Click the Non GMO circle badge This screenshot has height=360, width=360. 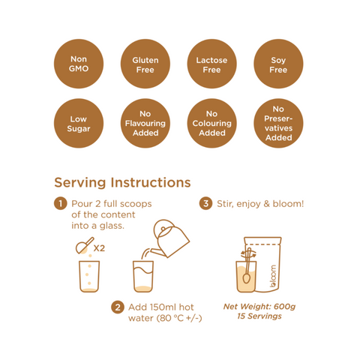[x=79, y=64]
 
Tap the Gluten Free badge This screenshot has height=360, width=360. [x=145, y=64]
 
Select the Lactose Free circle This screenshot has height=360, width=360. [x=211, y=64]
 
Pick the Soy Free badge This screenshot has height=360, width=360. [x=278, y=64]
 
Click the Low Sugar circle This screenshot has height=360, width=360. [x=79, y=123]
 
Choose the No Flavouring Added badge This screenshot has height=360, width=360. [x=145, y=123]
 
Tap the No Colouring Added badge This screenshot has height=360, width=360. [x=211, y=123]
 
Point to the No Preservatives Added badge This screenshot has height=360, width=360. [x=278, y=123]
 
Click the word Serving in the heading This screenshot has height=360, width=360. [x=80, y=183]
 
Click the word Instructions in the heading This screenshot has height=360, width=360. [x=151, y=182]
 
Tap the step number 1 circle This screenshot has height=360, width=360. [x=61, y=203]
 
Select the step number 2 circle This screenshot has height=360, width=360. [x=118, y=307]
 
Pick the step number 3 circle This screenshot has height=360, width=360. [x=205, y=203]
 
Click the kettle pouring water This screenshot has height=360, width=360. [x=170, y=238]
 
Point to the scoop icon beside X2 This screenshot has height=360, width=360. [x=85, y=246]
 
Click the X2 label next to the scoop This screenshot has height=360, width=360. [x=99, y=248]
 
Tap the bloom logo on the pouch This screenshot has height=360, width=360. [x=273, y=276]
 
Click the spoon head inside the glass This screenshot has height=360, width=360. [x=246, y=278]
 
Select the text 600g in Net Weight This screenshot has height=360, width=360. [x=284, y=307]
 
